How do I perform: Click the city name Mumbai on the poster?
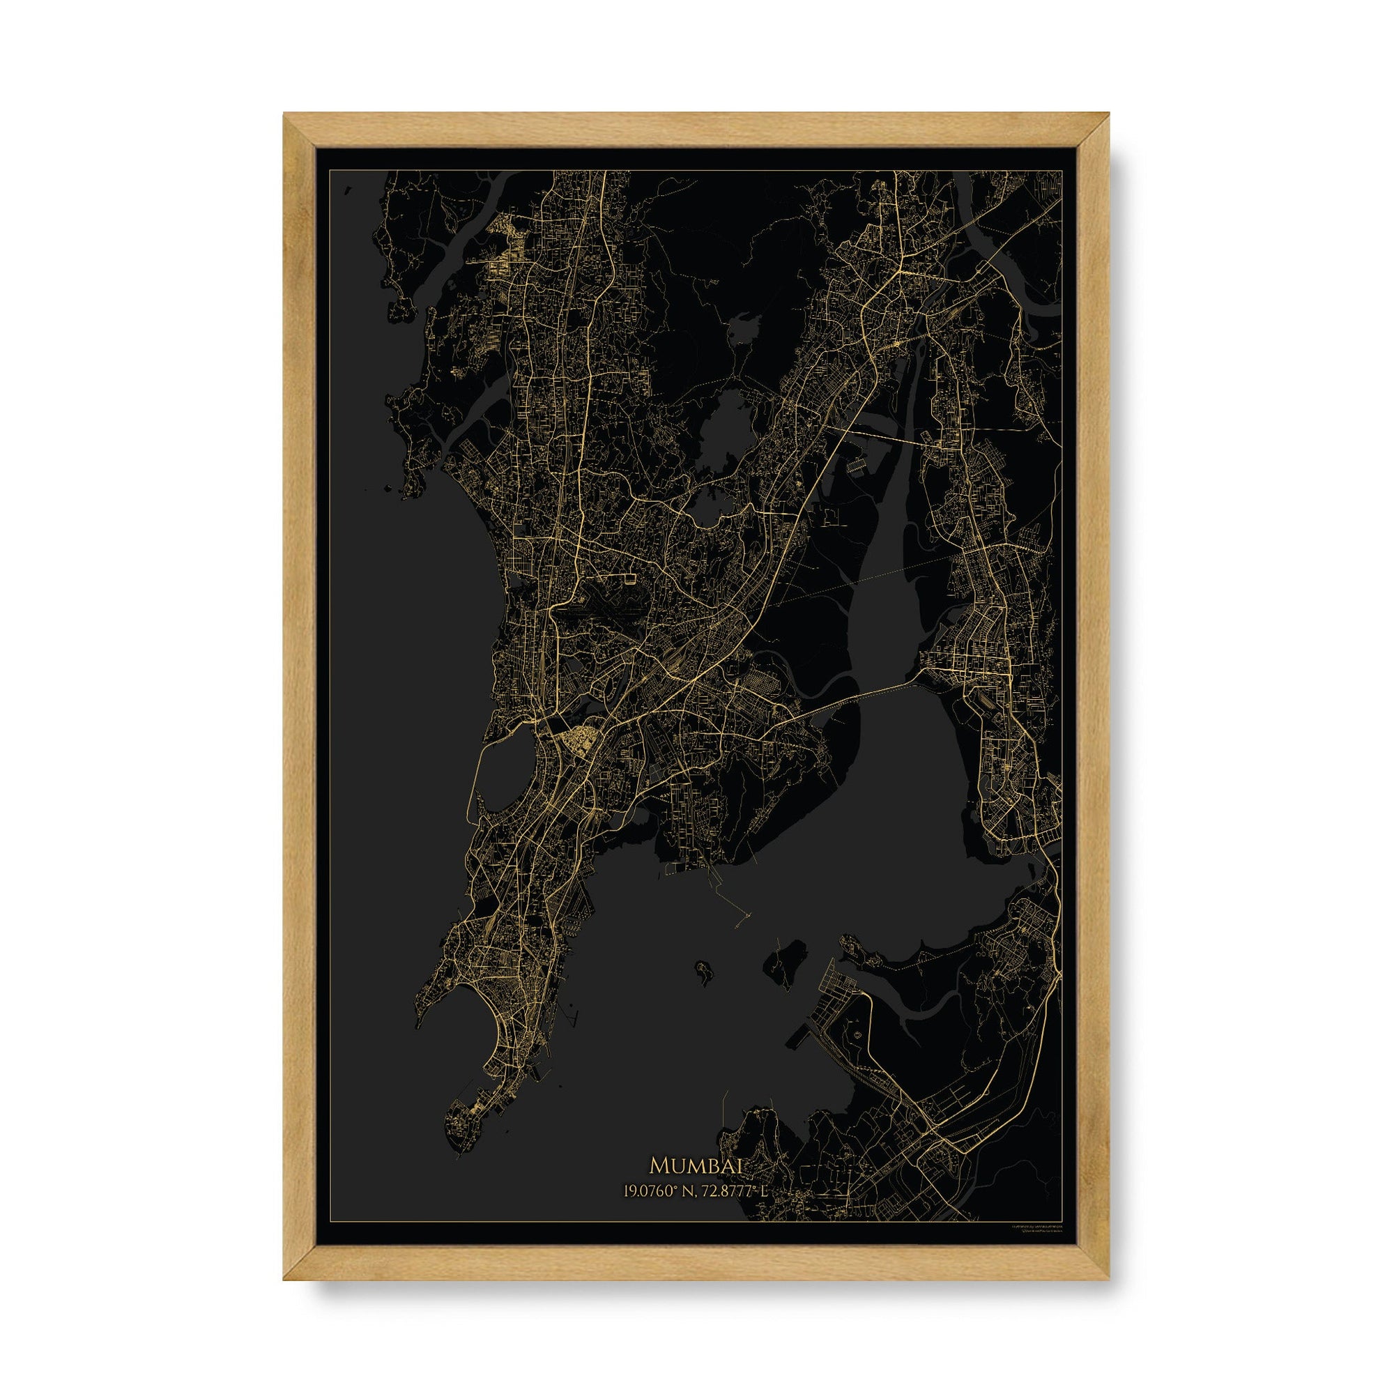click(x=696, y=1185)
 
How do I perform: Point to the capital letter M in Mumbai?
click(x=659, y=1185)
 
